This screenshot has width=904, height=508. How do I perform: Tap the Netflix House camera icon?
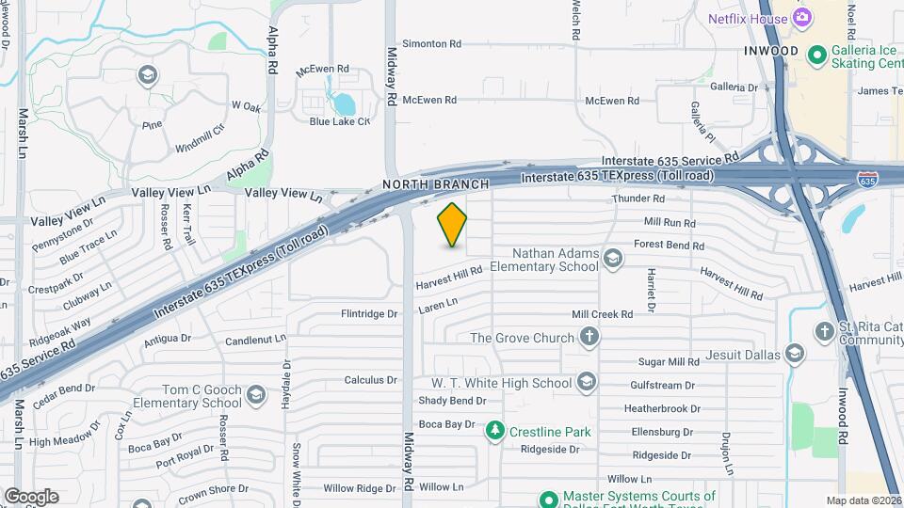point(802,17)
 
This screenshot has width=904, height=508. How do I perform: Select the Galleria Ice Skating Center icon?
point(815,53)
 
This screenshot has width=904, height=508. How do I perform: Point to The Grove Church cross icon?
point(589,337)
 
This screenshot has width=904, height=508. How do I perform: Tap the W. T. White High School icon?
point(587,382)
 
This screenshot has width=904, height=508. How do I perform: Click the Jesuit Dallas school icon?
point(794,354)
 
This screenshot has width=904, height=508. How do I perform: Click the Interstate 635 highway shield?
point(866,178)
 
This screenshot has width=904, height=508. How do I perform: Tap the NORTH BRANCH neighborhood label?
point(435,184)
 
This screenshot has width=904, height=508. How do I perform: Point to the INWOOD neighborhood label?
point(770,51)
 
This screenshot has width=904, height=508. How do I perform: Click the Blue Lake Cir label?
point(339,120)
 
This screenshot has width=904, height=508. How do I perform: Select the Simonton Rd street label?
point(431,43)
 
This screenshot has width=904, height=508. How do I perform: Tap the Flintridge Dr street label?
point(369,314)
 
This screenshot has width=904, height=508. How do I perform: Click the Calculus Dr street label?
point(370,380)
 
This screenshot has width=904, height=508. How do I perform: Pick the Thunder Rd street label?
point(638,198)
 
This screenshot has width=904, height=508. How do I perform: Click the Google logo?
point(31,497)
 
